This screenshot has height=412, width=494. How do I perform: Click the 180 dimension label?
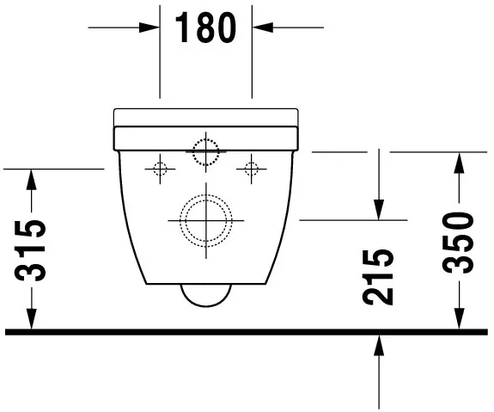[206, 28]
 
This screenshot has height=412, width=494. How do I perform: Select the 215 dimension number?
[378, 276]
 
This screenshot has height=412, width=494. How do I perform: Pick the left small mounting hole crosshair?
[159, 169]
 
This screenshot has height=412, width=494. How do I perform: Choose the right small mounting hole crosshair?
[252, 169]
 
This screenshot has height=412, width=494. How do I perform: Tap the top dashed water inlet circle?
[206, 151]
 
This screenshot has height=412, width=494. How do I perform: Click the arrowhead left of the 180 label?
[153, 28]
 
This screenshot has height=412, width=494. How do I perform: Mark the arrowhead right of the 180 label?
[259, 28]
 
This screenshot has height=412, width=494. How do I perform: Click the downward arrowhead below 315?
[32, 321]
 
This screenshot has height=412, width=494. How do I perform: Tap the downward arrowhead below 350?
[460, 321]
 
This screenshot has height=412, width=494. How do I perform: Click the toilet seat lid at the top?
[206, 116]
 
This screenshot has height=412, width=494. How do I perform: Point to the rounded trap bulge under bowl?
[206, 295]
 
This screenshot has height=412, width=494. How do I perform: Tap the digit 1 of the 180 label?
[183, 28]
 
